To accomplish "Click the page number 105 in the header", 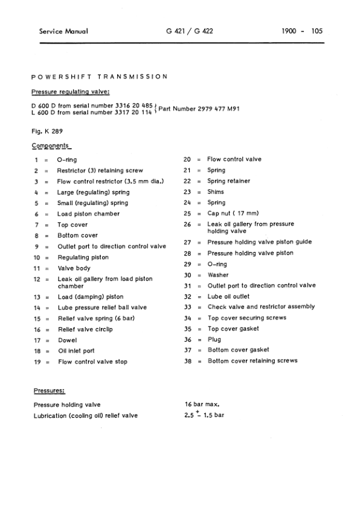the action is pos(317,31).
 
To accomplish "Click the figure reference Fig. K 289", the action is pos(48,131).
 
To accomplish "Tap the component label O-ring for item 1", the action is pos(66,160).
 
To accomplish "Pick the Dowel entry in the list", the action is pos(66,340).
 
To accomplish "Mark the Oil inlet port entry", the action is pos(76,351).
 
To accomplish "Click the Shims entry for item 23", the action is pos(216,192).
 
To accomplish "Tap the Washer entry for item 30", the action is pos(218,275).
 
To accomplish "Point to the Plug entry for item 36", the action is pos(214,340).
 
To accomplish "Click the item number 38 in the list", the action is pos(187,361).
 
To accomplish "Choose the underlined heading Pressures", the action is pos(49,391).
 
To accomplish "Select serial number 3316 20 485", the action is pos(129,105).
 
